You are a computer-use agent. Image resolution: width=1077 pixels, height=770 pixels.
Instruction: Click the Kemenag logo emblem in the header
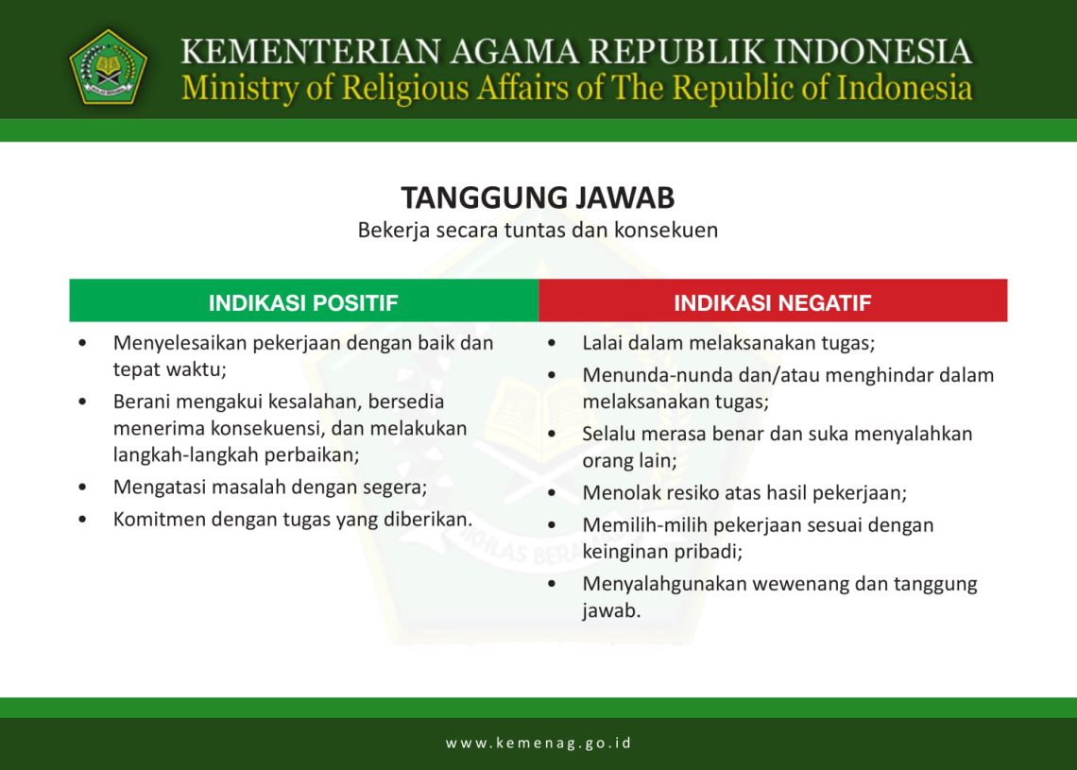[108, 66]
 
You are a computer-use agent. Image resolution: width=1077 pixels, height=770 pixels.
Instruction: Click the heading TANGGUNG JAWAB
[538, 198]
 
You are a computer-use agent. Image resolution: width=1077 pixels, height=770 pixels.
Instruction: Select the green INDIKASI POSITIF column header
[303, 303]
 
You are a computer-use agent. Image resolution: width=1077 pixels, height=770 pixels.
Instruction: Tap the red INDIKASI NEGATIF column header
[772, 303]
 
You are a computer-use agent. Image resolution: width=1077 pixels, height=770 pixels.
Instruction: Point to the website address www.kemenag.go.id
[538, 743]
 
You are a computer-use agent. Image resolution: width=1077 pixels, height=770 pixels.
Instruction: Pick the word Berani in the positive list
[141, 402]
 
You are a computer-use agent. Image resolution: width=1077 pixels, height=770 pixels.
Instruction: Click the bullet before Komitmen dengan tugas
[85, 520]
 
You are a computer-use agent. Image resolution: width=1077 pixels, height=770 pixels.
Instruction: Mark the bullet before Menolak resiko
[552, 493]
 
